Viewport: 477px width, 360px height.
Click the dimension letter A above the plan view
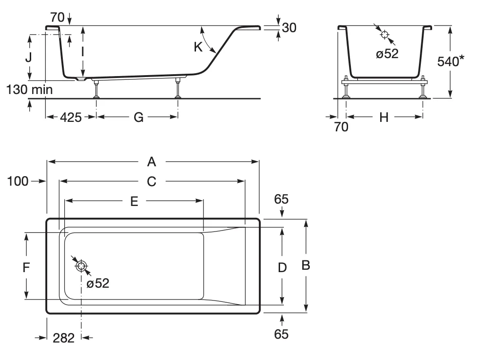click(x=152, y=162)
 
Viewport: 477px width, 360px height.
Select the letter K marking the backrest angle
click(x=198, y=47)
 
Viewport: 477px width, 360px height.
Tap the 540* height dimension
click(x=451, y=61)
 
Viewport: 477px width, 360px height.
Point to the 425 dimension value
click(x=70, y=117)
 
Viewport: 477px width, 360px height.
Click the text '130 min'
click(x=29, y=89)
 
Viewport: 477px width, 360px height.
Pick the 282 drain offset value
click(x=64, y=338)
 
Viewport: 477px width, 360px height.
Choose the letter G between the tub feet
click(x=138, y=117)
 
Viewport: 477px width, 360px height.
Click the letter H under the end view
click(x=384, y=117)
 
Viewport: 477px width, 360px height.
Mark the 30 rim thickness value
click(x=289, y=28)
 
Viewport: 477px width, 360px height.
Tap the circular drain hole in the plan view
click(x=81, y=266)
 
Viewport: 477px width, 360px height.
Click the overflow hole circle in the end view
click(x=384, y=34)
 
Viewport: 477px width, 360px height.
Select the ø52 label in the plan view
click(x=98, y=283)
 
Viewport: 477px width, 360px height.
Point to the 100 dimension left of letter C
click(x=17, y=181)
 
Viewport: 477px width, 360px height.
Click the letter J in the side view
click(x=29, y=57)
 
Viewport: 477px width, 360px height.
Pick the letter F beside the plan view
click(x=26, y=267)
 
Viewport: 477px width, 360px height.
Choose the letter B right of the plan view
click(x=306, y=265)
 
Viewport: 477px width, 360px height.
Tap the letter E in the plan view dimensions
click(x=134, y=201)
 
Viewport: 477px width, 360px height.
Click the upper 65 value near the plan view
click(x=281, y=199)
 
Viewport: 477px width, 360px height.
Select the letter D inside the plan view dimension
click(x=282, y=267)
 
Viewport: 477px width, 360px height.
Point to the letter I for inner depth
click(x=83, y=52)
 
